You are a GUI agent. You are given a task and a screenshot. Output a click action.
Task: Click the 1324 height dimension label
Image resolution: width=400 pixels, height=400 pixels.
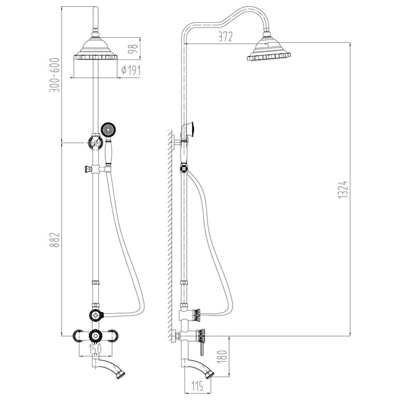coord(343,190)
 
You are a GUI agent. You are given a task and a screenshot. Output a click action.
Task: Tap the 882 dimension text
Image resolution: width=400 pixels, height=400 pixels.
coord(55,240)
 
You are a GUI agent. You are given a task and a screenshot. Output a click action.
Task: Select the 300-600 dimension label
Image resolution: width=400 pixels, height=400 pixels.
coord(55,75)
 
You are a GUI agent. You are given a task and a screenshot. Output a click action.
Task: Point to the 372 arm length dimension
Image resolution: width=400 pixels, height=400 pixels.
coord(226,37)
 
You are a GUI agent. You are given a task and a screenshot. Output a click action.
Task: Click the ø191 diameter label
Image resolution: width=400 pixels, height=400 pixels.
coord(131,70)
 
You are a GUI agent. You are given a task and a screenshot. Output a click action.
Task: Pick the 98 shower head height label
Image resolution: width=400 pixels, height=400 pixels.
coord(133,49)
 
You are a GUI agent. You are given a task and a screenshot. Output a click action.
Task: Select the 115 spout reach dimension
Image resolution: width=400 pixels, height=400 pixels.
coord(198,386)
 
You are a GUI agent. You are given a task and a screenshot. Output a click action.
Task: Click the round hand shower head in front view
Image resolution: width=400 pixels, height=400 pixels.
coord(109,130)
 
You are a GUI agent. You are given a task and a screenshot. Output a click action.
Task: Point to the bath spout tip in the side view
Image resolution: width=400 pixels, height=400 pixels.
coord(209,374)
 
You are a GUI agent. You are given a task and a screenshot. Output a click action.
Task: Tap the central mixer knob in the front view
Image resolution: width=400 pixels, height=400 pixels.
coord(95,336)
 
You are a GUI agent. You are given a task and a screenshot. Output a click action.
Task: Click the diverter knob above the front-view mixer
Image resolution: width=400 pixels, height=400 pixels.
coord(96,315)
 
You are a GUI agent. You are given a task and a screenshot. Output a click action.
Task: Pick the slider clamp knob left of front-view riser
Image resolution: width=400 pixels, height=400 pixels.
coord(88,169)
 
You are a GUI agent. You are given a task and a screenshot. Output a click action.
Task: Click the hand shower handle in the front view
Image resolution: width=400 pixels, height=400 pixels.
coord(108,150)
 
